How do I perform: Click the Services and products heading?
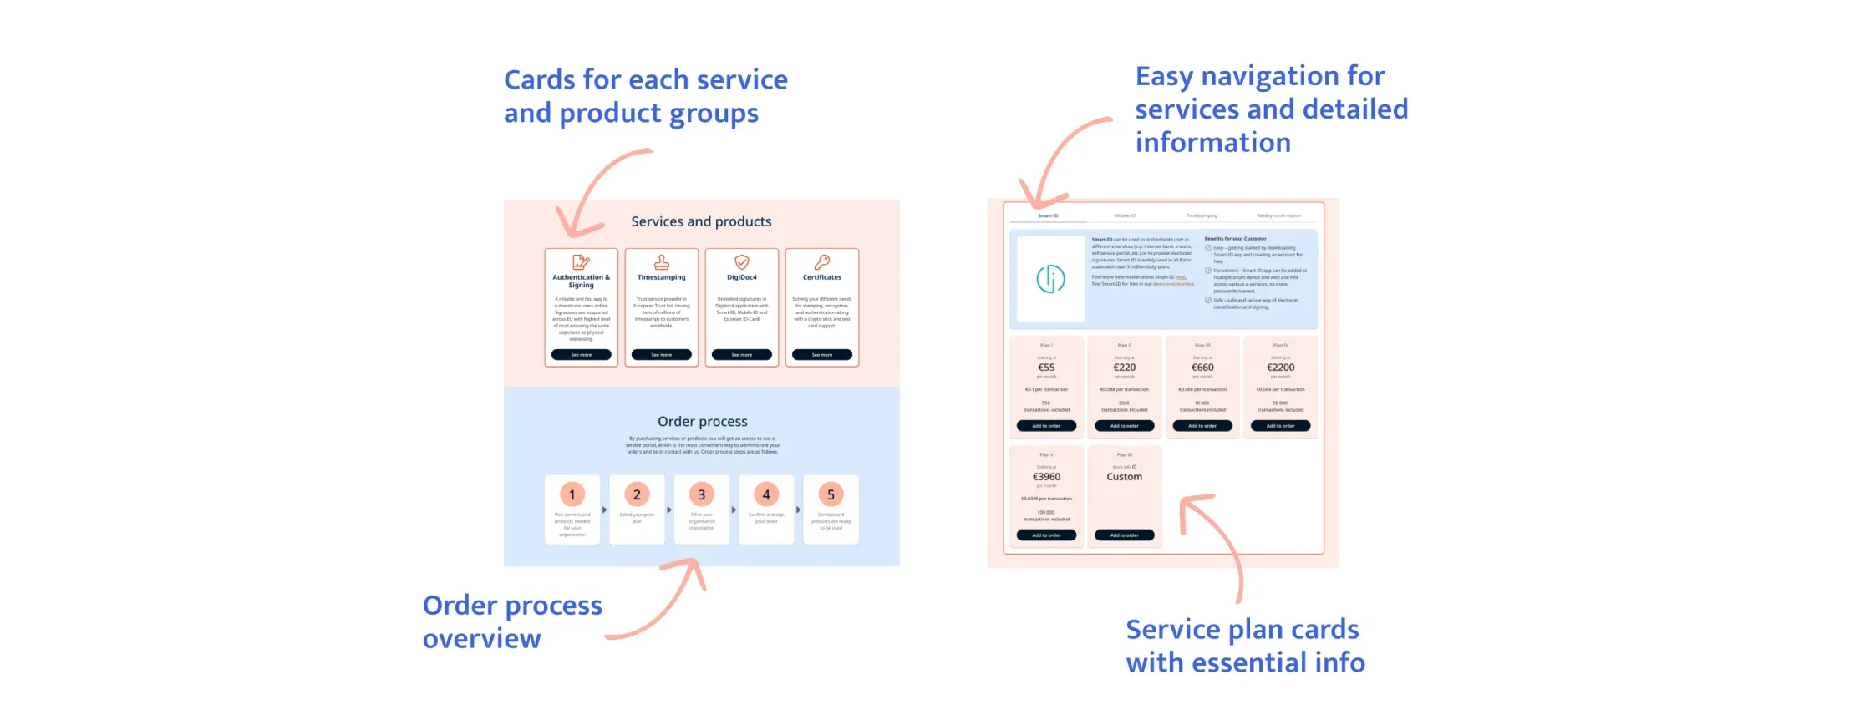pyautogui.click(x=701, y=221)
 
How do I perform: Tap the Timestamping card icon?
pyautogui.click(x=661, y=262)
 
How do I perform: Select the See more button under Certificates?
pyautogui.click(x=822, y=355)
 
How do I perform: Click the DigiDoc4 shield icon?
pyautogui.click(x=742, y=262)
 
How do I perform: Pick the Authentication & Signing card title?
pyautogui.click(x=581, y=281)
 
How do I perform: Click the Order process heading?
pyautogui.click(x=702, y=422)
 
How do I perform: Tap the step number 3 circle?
pyautogui.click(x=701, y=494)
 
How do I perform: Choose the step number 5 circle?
pyautogui.click(x=831, y=494)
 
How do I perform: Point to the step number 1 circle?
pyautogui.click(x=572, y=494)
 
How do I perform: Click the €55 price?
pyautogui.click(x=1046, y=368)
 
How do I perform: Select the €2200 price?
pyautogui.click(x=1280, y=368)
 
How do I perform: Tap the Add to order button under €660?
pyautogui.click(x=1202, y=426)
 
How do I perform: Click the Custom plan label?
pyautogui.click(x=1124, y=477)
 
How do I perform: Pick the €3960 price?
pyautogui.click(x=1046, y=477)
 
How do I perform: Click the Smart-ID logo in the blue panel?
pyautogui.click(x=1050, y=279)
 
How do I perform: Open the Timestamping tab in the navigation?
pyautogui.click(x=1202, y=215)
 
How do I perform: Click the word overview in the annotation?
pyautogui.click(x=481, y=639)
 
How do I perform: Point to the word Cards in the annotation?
pyautogui.click(x=540, y=80)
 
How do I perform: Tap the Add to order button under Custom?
pyautogui.click(x=1124, y=535)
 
